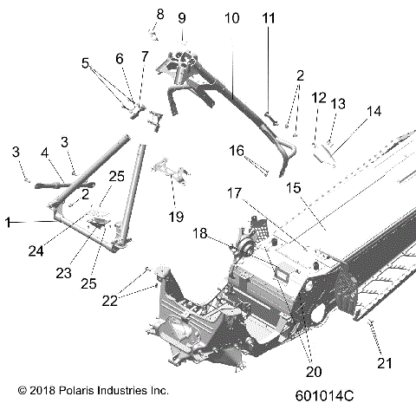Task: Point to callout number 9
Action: point(181,17)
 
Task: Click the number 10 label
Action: point(232,17)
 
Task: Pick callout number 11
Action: point(268,17)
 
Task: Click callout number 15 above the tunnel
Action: point(292,186)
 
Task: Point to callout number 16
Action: point(236,150)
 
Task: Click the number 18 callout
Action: point(199,233)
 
